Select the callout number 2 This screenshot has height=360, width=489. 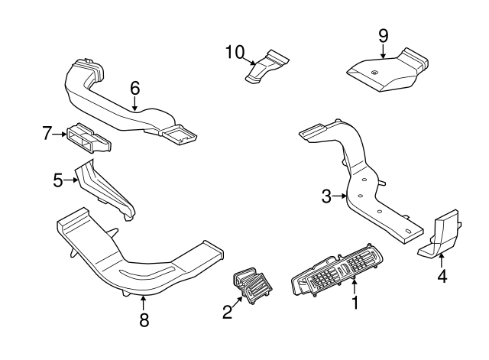pyautogui.click(x=226, y=312)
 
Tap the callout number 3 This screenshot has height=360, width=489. pyautogui.click(x=326, y=197)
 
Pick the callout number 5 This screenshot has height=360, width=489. pyautogui.click(x=57, y=180)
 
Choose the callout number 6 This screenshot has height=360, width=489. pyautogui.click(x=134, y=88)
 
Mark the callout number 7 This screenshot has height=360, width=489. pyautogui.click(x=47, y=135)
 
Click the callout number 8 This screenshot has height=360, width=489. pyautogui.click(x=144, y=320)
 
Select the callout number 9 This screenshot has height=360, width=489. pyautogui.click(x=383, y=34)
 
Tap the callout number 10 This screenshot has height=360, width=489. pyautogui.click(x=234, y=51)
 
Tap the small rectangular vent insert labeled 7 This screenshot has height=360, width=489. pyautogui.click(x=89, y=138)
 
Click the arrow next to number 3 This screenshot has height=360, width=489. pyautogui.click(x=341, y=197)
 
